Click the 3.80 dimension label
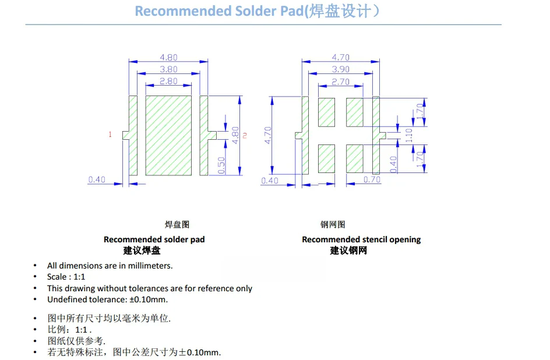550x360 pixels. coord(168,69)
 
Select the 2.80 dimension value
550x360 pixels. coord(168,82)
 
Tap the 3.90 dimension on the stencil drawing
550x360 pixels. coord(341,69)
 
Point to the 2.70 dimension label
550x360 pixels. coord(340,82)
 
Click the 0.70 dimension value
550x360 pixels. coord(372,179)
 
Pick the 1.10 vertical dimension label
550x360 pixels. coord(409,135)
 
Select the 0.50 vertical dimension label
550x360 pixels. coord(221,165)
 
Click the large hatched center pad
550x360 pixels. coord(168,136)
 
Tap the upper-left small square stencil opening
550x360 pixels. coord(327,112)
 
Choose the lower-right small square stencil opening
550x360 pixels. coord(355,159)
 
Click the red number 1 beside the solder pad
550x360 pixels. coord(110,135)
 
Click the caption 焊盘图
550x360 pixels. coord(177,224)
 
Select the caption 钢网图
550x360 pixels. coord(333,224)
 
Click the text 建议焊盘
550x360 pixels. coord(142,250)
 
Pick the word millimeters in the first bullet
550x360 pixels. coord(151,266)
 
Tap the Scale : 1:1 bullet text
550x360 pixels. coord(66,277)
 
